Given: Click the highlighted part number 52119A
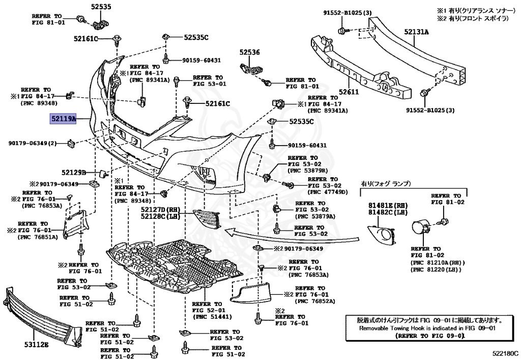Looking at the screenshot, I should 63,119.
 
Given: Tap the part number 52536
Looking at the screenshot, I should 249,52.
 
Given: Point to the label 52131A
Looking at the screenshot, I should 417,32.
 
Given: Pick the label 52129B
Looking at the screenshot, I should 74,173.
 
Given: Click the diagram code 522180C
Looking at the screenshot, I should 504,352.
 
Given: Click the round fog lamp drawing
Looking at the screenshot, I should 422,227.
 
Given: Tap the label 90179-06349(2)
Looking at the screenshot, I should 32,143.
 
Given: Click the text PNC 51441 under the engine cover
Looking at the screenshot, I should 209,316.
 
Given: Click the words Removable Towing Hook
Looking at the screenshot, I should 390,328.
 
